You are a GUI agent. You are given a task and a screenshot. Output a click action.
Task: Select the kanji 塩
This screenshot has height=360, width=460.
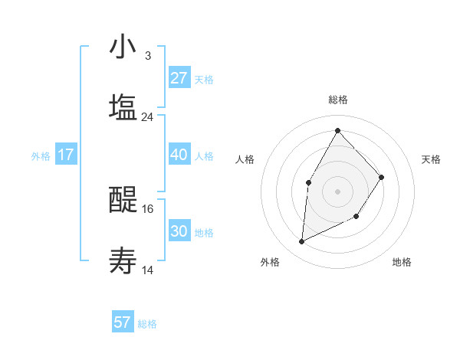coord(123,107)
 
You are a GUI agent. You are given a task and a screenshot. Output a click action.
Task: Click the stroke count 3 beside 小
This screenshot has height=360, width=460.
coord(147,55)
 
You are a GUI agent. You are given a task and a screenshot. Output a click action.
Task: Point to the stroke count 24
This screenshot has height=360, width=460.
coord(147,117)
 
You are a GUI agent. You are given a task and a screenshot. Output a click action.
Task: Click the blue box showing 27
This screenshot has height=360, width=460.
coord(179,78)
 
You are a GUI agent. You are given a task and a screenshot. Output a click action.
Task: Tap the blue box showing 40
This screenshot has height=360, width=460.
coord(179,155)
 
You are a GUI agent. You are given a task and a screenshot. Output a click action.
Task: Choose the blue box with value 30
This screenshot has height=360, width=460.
coord(179,231)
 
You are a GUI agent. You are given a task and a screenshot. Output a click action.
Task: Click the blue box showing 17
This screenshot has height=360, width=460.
coord(66,155)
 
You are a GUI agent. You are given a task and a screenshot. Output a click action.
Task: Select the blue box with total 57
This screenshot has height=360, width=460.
coord(123,322)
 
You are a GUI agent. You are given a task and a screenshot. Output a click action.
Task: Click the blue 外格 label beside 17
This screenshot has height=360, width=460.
coord(41,155)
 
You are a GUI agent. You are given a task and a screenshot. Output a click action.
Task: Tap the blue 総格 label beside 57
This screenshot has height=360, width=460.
coord(147,324)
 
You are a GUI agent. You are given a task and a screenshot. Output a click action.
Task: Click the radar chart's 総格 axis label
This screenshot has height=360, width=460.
coord(338,100)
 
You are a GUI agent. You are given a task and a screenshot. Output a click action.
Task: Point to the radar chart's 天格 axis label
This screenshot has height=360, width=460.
coord(432,159)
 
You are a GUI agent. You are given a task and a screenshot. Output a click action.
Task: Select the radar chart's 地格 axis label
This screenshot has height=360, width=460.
coord(402,263)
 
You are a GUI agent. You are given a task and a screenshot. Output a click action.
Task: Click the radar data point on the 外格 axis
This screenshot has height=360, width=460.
coord(302,242)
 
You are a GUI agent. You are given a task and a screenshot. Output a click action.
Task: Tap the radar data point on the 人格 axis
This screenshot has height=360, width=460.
coord(309,182)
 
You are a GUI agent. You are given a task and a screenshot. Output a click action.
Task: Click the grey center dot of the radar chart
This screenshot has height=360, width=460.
coord(337,191)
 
